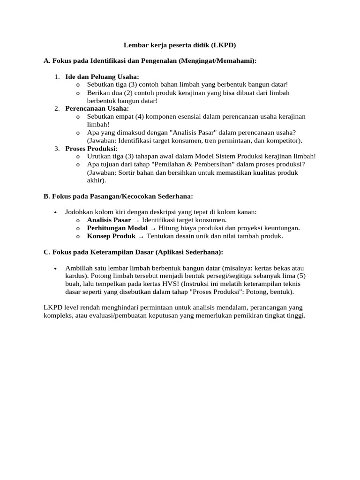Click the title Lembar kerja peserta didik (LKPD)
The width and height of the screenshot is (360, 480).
(180, 45)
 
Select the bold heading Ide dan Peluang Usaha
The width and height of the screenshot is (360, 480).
(102, 76)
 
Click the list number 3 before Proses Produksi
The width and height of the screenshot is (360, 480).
(56, 149)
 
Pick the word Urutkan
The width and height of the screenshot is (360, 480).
(99, 157)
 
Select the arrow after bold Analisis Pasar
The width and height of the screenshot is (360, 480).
(136, 220)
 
